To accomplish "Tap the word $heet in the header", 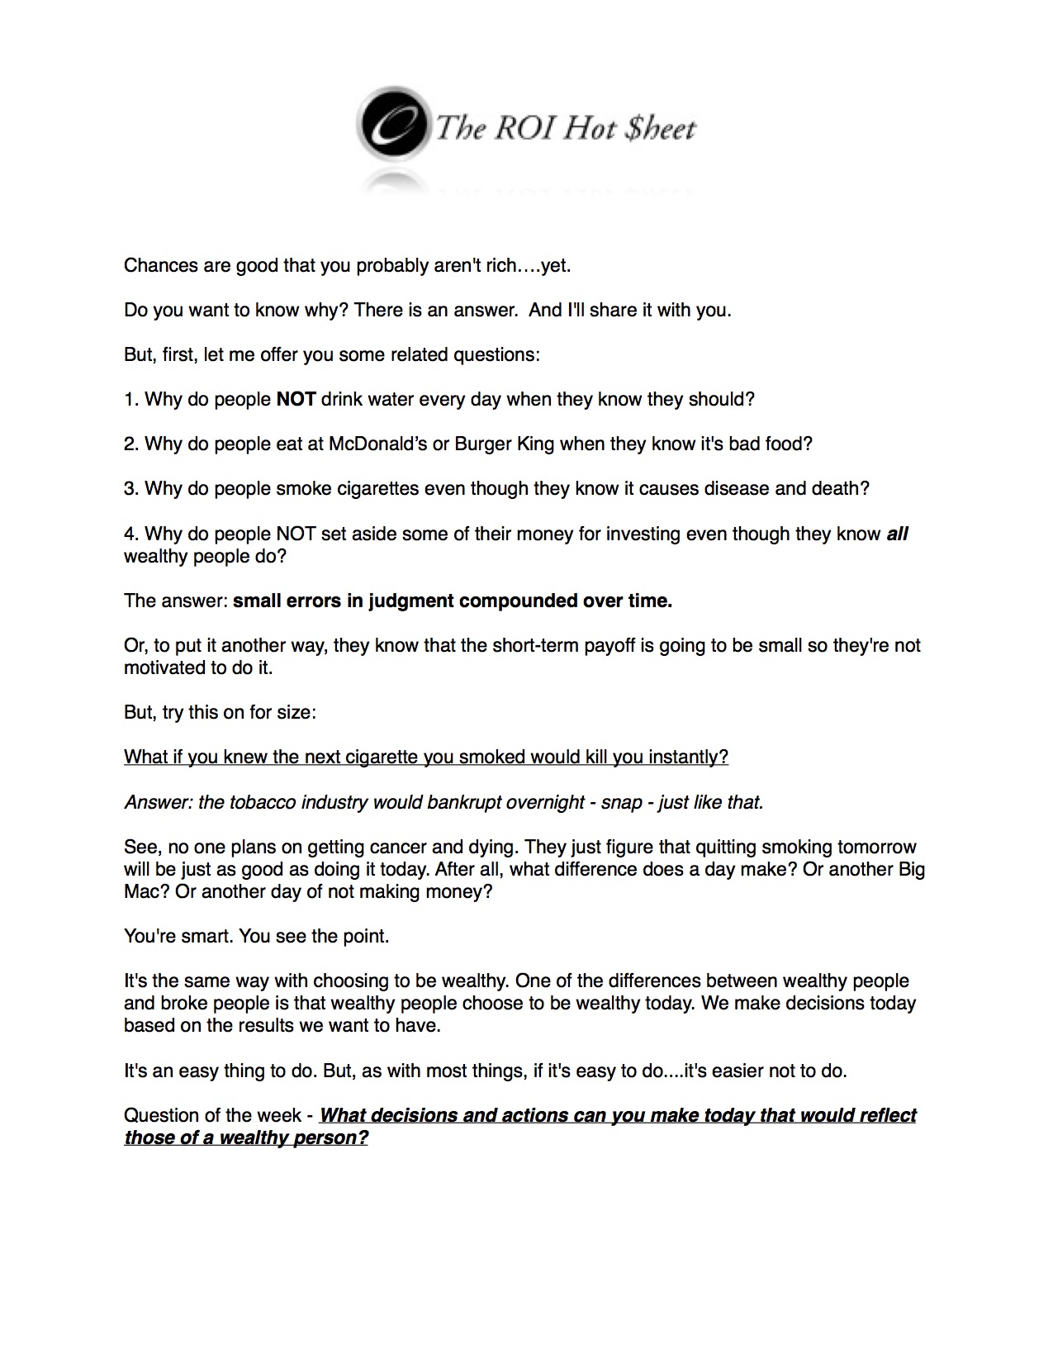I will [x=661, y=129].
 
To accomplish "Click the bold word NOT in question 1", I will [x=296, y=400].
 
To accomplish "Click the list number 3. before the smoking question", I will [x=131, y=489].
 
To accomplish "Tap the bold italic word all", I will [x=897, y=534].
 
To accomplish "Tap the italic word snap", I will [x=622, y=803].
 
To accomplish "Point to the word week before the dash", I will [x=279, y=1116].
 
